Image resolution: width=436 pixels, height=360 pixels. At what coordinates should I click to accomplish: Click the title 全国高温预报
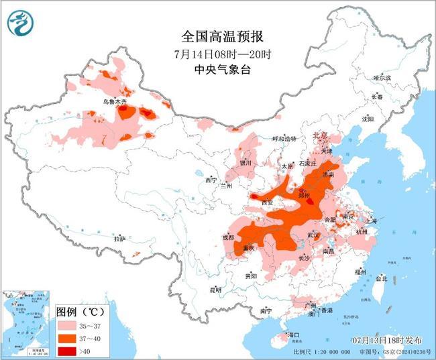coord(216,37)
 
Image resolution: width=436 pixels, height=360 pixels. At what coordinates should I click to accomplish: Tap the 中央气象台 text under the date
coord(216,70)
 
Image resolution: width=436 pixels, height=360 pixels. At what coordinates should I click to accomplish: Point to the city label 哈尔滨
coord(382,78)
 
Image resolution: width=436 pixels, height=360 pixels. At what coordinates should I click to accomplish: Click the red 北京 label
coord(319,136)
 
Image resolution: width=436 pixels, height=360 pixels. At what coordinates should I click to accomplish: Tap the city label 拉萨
coord(119,239)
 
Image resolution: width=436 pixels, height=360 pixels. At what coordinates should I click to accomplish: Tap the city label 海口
coord(292,334)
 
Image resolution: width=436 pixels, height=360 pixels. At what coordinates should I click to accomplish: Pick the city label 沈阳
coord(367,119)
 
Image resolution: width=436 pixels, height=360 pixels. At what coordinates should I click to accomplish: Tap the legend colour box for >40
coord(68,350)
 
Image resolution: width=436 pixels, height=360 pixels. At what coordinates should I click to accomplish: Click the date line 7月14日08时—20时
coord(216,54)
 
